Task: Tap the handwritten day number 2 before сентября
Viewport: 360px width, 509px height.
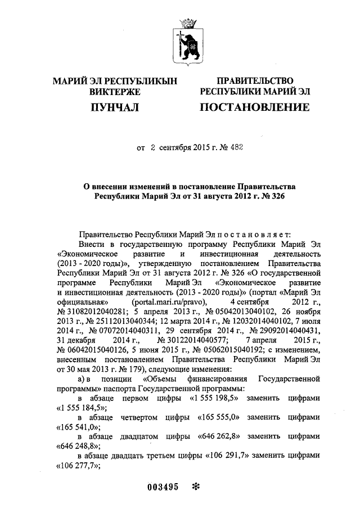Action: coord(152,148)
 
